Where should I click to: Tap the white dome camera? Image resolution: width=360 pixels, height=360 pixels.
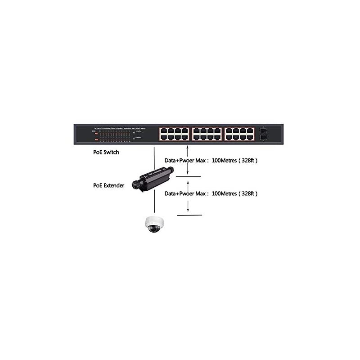[x=154, y=224]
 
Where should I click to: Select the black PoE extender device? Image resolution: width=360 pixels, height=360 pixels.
[x=151, y=177]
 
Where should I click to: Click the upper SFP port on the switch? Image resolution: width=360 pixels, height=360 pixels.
[x=264, y=129]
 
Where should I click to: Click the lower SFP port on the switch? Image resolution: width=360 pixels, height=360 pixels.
[x=264, y=138]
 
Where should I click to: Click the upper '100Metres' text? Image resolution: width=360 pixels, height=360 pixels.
[x=226, y=160]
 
